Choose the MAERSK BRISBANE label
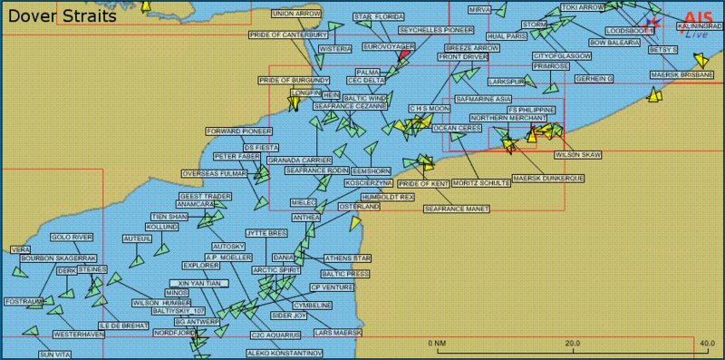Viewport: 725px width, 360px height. (x=682, y=74)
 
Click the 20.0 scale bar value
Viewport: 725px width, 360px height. (x=573, y=344)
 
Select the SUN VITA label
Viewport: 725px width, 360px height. (x=55, y=355)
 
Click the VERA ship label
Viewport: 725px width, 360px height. (x=20, y=249)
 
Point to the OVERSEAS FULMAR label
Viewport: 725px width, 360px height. (x=214, y=173)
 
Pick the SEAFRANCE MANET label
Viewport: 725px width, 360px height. (x=456, y=209)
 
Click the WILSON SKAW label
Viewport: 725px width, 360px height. (x=577, y=155)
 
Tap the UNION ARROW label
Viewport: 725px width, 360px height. (x=296, y=15)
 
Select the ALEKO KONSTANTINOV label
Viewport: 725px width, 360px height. (x=285, y=353)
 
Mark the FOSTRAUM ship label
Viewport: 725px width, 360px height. (x=24, y=301)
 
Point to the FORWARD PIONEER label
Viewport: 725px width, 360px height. (x=238, y=131)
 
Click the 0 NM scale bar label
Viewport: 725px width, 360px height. (x=437, y=344)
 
